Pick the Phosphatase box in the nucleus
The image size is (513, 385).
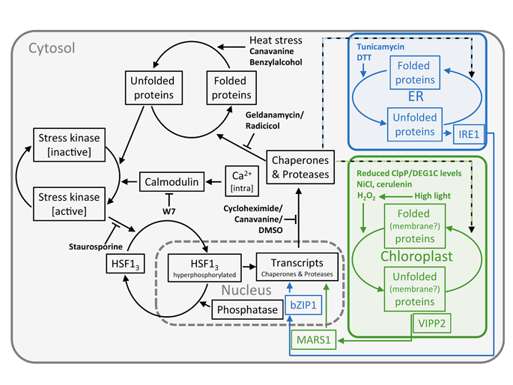(241, 309)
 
